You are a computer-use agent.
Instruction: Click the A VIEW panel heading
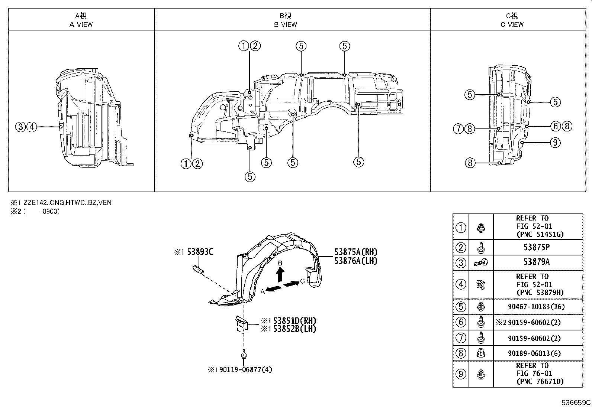81,20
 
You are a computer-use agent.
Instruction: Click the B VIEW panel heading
286,20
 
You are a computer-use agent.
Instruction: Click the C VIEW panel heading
512,20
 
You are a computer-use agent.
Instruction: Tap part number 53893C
200,252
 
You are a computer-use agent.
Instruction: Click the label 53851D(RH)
295,321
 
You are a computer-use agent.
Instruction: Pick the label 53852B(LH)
295,329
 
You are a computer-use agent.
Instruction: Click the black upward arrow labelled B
280,275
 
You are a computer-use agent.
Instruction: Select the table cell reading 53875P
537,247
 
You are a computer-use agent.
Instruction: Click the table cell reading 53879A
537,262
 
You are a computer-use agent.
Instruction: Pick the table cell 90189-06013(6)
537,353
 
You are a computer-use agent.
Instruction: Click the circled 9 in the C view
555,143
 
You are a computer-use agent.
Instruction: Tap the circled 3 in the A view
20,127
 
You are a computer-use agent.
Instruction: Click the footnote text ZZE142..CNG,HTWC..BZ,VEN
67,203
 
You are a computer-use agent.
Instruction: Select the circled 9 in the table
461,374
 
